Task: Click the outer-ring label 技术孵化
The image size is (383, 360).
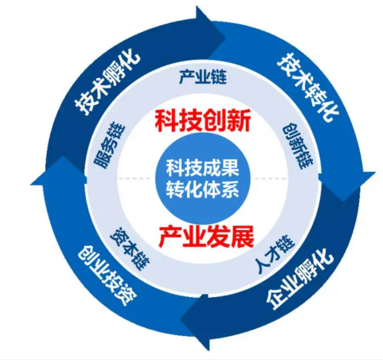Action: pos(107,82)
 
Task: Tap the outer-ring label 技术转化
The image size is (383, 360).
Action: pos(307,87)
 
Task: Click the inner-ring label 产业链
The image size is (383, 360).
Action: pos(203,77)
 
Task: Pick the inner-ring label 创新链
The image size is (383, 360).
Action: pos(297,146)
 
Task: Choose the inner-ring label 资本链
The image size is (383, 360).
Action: pos(130,249)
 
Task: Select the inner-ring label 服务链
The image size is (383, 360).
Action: pos(109,145)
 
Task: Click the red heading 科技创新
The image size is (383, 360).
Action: pos(203,120)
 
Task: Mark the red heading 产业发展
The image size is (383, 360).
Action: pos(206,236)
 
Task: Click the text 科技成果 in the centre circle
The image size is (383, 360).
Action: pos(202,167)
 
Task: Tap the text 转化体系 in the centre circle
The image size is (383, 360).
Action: pos(202,190)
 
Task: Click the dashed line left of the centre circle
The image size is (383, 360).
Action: pos(135,178)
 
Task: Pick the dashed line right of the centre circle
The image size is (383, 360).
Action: pos(271,178)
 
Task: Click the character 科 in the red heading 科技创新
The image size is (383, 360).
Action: pos(166,120)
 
